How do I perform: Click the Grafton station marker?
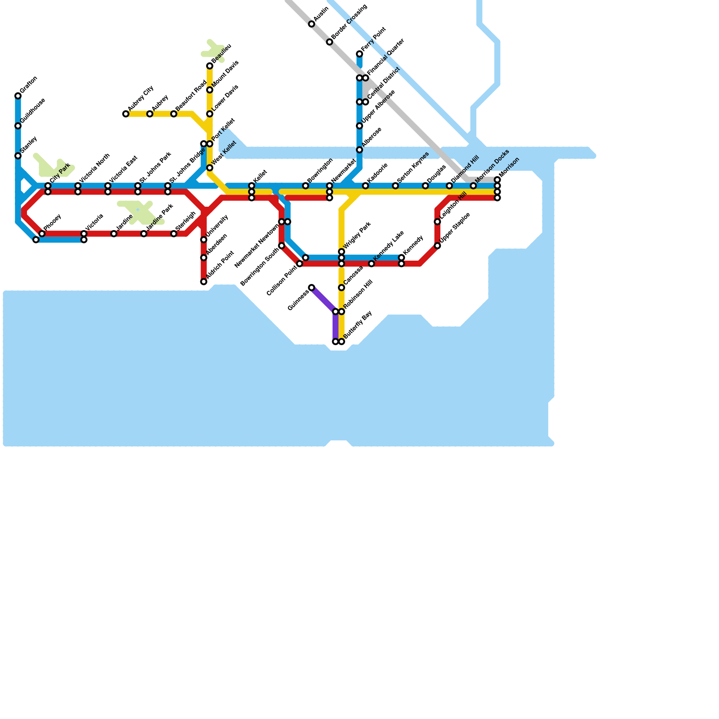[x=18, y=96]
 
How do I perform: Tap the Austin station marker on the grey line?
[x=311, y=24]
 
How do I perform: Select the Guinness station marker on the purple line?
[x=311, y=288]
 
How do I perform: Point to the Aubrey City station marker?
[x=126, y=114]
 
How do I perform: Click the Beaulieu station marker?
[x=210, y=66]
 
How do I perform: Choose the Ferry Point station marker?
[x=359, y=54]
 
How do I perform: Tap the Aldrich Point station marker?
[x=204, y=282]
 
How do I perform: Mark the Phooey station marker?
[x=42, y=234]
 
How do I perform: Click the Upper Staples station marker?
[x=437, y=246]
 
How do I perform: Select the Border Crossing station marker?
[x=329, y=42]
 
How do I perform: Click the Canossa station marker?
[x=342, y=288]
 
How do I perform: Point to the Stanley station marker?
[x=18, y=156]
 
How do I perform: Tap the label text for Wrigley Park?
[x=358, y=235]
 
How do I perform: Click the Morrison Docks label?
[x=493, y=166]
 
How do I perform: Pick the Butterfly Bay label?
[x=358, y=324]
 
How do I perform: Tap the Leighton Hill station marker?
[x=437, y=222]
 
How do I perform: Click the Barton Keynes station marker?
[x=395, y=186]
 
